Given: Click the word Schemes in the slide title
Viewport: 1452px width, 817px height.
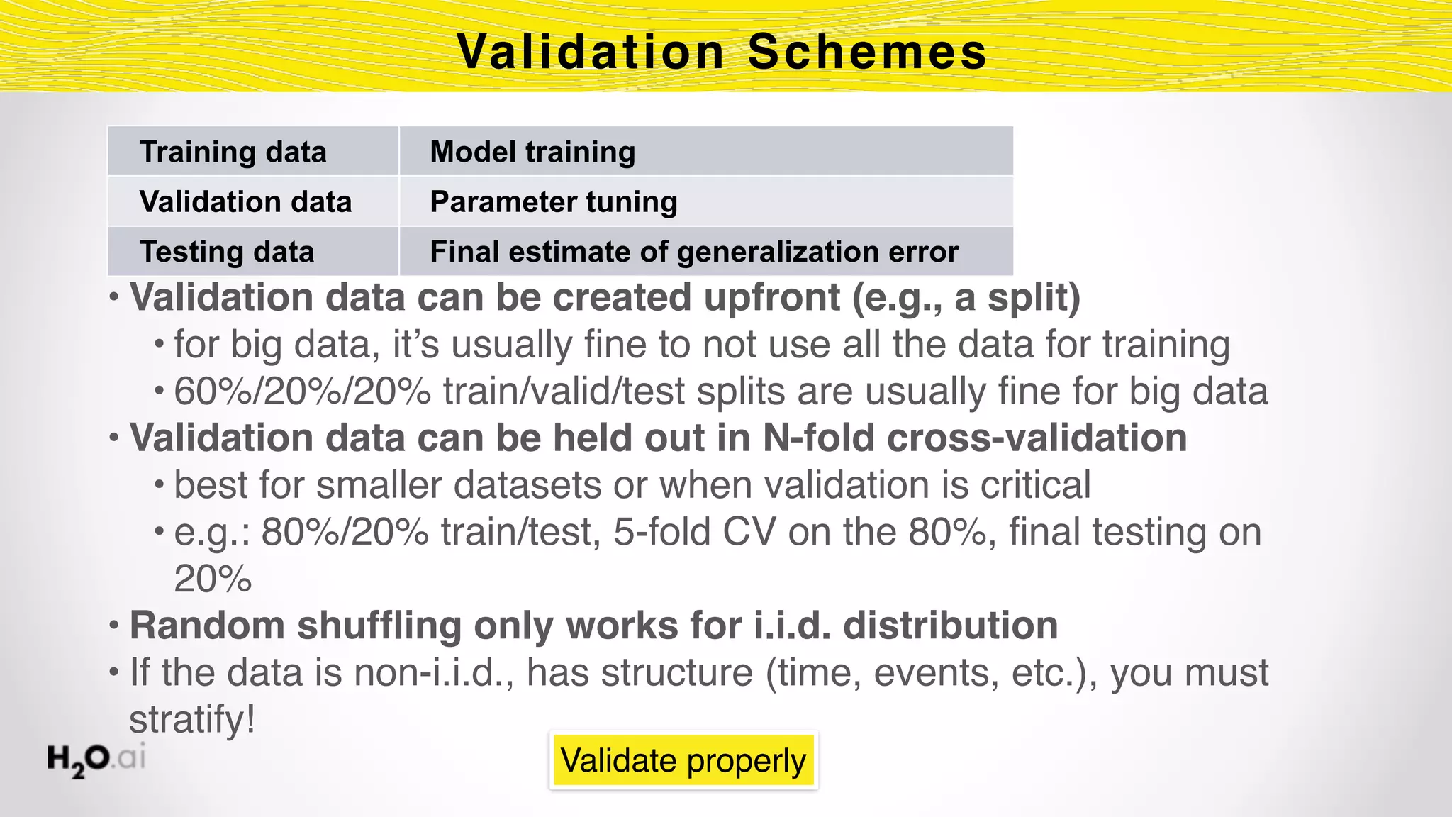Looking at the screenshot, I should [x=866, y=52].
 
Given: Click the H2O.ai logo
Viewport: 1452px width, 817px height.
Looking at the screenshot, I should [x=96, y=759].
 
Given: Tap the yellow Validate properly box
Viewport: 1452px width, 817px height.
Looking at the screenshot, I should [x=683, y=760].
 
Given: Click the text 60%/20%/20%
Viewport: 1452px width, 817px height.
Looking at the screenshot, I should [x=302, y=391].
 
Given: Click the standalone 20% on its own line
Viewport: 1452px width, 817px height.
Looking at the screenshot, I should [x=213, y=579].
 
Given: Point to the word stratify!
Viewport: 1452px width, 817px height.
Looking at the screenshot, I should [x=191, y=719].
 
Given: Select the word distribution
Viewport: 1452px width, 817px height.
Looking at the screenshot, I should [x=950, y=626].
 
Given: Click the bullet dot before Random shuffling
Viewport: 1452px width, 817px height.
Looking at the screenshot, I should [x=114, y=626].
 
